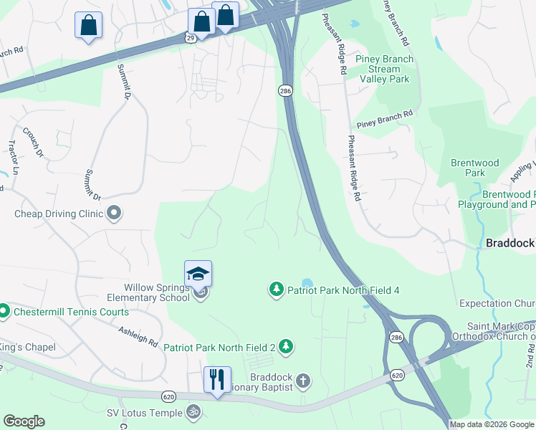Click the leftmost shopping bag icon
pos(89,25)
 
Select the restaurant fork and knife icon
pos(217,378)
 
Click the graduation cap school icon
pos(198,274)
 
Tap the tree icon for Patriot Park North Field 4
pos(276,290)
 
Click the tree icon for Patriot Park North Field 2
pos(286,347)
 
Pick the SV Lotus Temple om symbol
pos(191,412)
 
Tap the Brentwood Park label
pos(474,168)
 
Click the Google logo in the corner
pos(24,421)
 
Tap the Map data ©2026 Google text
pos(492,424)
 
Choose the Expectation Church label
pos(497,304)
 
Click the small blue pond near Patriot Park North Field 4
pos(307,282)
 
